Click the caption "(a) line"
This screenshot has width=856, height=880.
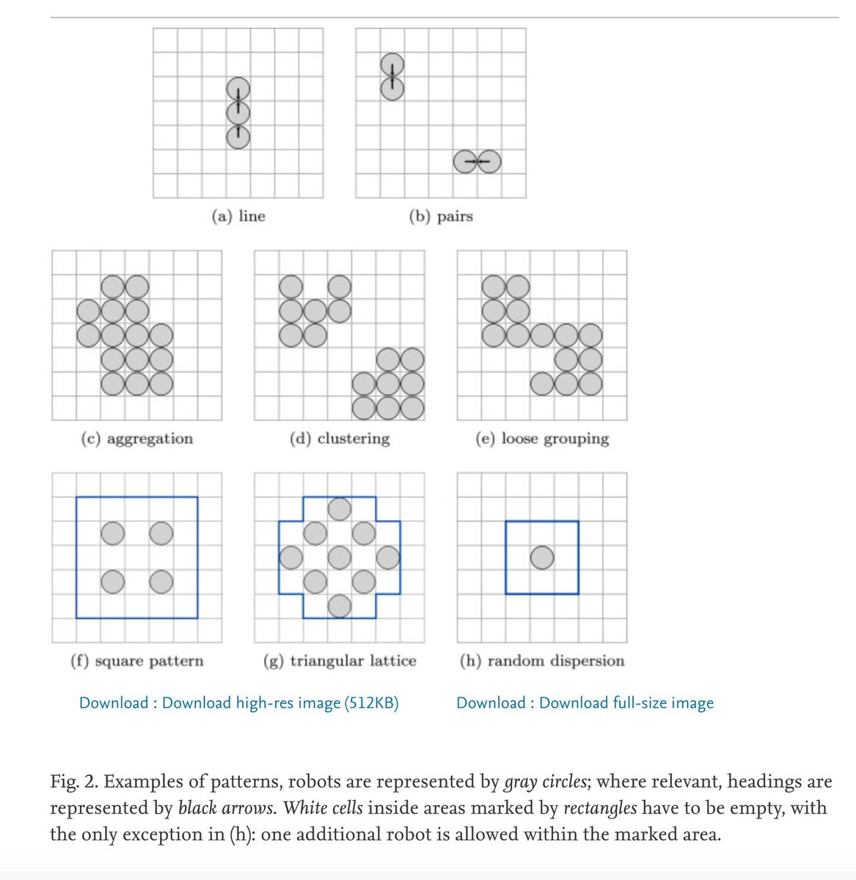pyautogui.click(x=238, y=216)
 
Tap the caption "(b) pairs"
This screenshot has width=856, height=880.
pyautogui.click(x=440, y=216)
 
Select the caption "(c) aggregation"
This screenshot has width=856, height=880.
pyautogui.click(x=136, y=439)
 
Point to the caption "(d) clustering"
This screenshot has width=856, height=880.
pyautogui.click(x=339, y=439)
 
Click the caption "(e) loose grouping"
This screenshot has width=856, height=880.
pyautogui.click(x=542, y=439)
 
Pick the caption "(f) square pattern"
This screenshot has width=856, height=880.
pyautogui.click(x=136, y=661)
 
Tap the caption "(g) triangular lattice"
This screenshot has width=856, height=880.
pyautogui.click(x=339, y=661)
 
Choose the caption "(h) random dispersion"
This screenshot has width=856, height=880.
pyautogui.click(x=542, y=661)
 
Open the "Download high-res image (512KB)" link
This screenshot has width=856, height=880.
pyautogui.click(x=280, y=703)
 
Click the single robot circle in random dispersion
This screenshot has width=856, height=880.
pyautogui.click(x=542, y=558)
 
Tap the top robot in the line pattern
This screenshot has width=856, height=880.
pyautogui.click(x=238, y=89)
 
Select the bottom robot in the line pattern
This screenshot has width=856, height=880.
pyautogui.click(x=238, y=136)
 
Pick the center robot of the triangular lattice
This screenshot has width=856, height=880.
pyautogui.click(x=339, y=558)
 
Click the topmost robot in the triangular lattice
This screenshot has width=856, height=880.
pyautogui.click(x=339, y=508)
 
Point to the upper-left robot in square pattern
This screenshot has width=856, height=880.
pyautogui.click(x=112, y=533)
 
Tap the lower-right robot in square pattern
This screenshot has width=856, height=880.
pyautogui.click(x=161, y=582)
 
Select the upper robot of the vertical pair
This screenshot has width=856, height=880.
pyautogui.click(x=392, y=65)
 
